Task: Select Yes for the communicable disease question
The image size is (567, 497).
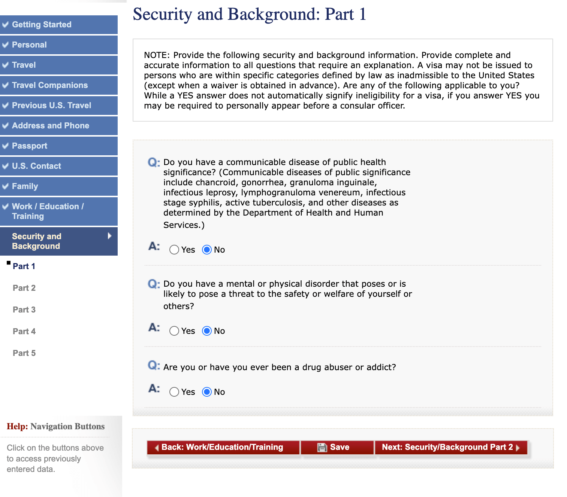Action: coord(174,250)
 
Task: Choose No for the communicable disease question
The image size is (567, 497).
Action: coord(207,250)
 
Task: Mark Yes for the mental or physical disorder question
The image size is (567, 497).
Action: coord(174,331)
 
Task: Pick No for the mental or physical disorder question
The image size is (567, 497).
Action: coord(207,331)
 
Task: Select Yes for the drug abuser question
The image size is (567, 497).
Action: coord(174,392)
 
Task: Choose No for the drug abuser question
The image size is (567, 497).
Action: coord(207,392)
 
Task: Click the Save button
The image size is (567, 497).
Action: coord(337,447)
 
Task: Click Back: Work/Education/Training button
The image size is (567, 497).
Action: coord(223,447)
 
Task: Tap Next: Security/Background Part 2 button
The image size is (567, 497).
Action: coord(451,447)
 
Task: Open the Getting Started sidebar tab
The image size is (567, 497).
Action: coord(59,25)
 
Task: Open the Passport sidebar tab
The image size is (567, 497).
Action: coord(59,146)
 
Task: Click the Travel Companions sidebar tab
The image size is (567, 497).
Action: coord(59,85)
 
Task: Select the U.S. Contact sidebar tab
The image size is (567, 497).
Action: coord(59,166)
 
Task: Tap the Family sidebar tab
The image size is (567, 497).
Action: coord(59,186)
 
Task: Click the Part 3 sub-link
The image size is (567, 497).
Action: coord(24,310)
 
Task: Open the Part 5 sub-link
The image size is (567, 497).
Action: coord(24,353)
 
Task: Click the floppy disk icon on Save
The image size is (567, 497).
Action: coord(322,447)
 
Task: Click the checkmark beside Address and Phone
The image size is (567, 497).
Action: coord(6,126)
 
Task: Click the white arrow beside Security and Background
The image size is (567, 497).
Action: coord(109,236)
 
